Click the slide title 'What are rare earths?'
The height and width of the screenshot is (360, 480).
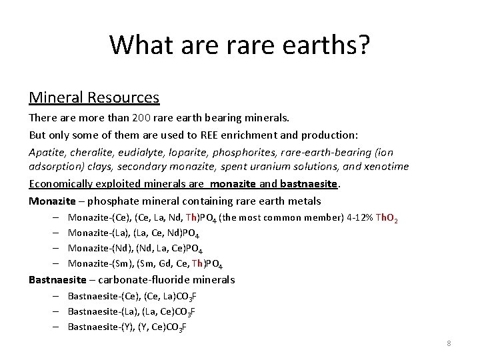coord(240,45)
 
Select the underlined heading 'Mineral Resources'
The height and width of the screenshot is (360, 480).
coord(94,97)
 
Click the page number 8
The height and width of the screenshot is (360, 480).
coord(449,343)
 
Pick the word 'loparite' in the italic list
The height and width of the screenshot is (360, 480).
coord(187,151)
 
